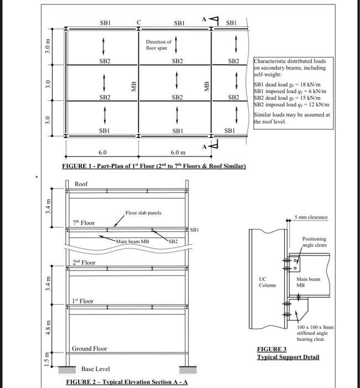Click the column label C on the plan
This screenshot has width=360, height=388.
139,23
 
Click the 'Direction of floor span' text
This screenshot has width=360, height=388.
158,45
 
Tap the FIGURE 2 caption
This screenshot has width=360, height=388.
126,382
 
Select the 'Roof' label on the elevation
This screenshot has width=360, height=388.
81,184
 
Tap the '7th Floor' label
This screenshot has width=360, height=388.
84,223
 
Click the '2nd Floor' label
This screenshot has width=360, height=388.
84,262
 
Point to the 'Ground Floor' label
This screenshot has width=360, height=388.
89,349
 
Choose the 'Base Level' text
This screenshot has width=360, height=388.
95,369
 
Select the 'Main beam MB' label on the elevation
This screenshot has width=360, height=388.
132,242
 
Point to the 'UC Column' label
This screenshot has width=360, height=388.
263,282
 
